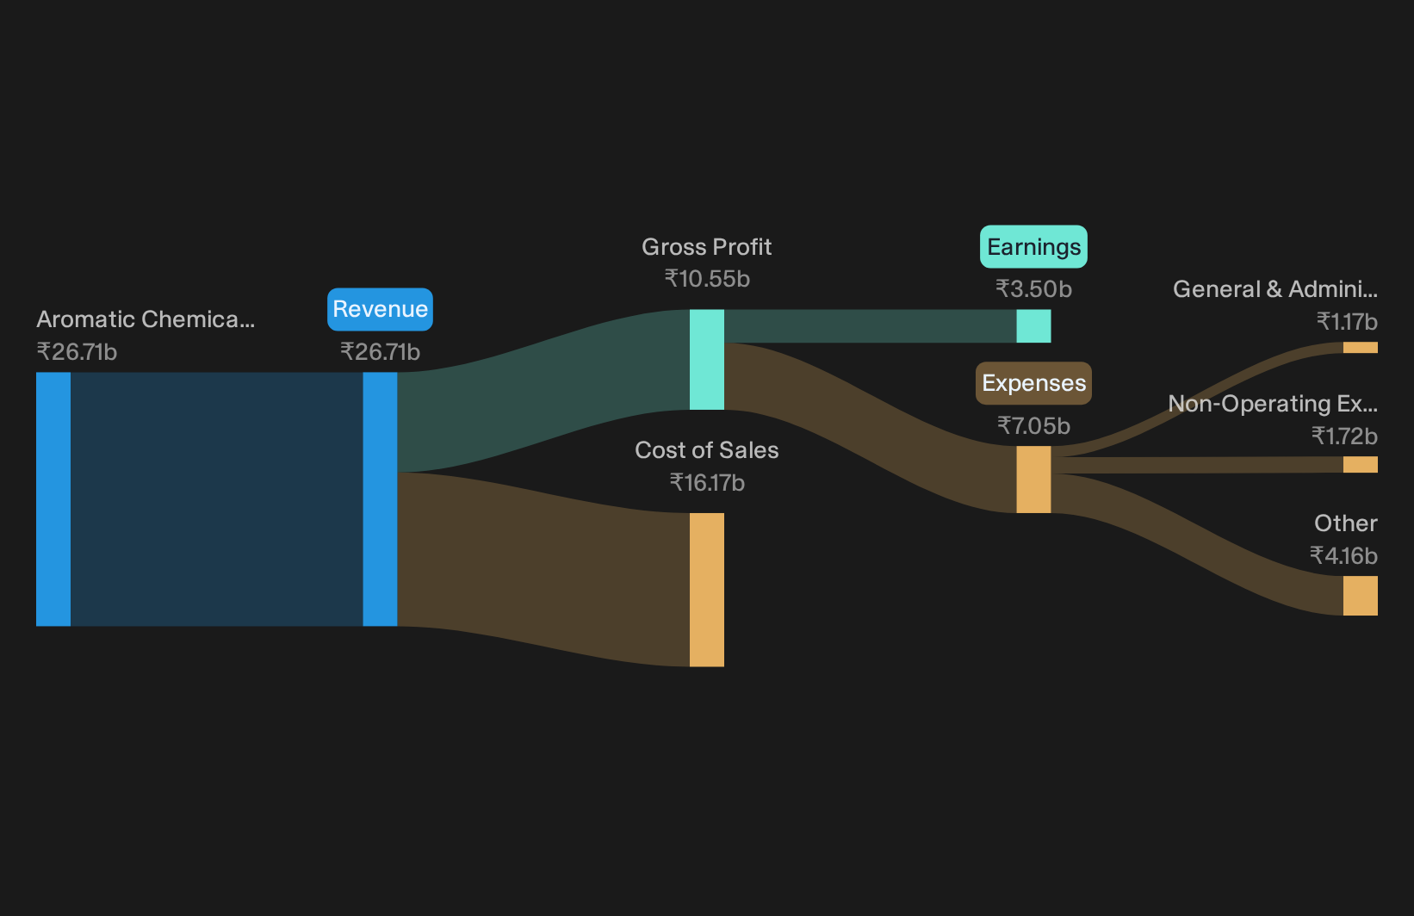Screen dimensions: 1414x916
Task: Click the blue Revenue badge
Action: pos(380,309)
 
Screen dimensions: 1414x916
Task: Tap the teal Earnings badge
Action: pos(1033,247)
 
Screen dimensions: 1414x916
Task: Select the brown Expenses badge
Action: pos(1033,383)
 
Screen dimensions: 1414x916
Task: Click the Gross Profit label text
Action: pos(706,247)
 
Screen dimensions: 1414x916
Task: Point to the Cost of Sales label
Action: pos(706,450)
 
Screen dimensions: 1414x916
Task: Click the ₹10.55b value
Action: pos(707,279)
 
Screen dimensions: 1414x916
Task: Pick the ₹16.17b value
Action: pos(707,483)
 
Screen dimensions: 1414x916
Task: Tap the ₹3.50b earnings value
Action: pos(1033,289)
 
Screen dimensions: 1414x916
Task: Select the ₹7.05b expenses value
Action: pos(1033,426)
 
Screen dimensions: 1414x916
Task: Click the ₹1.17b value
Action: pos(1347,322)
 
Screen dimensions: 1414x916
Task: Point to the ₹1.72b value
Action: pos(1344,436)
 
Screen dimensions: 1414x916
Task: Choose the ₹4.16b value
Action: pos(1343,556)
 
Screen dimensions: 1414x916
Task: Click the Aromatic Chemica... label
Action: pos(146,319)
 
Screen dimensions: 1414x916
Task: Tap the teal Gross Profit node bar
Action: pos(706,359)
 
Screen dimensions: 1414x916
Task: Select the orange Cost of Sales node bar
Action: pos(706,590)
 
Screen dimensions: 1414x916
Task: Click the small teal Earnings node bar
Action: pos(1033,325)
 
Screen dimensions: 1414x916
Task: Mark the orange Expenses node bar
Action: pos(1033,480)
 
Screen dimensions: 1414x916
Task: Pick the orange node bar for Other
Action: pos(1361,595)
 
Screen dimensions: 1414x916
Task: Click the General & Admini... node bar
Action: pos(1361,347)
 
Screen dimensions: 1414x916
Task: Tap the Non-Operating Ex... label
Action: pos(1273,404)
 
